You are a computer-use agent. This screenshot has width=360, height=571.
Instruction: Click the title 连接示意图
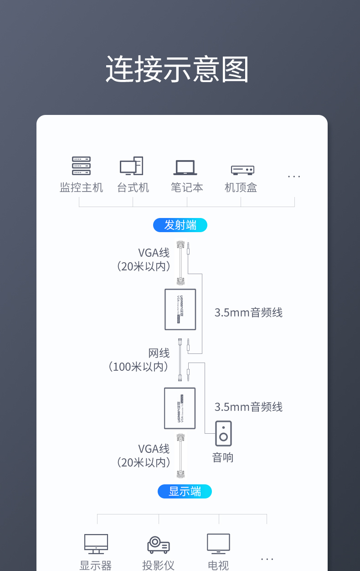coord(177,70)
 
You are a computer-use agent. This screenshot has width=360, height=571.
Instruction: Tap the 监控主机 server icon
coord(81,166)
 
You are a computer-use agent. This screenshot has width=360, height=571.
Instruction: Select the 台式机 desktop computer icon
coord(132,166)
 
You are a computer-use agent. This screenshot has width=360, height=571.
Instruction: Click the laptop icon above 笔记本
coord(185,167)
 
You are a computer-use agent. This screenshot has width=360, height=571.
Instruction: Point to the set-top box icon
coord(242,170)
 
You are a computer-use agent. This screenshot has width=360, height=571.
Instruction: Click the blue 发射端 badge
coord(180,225)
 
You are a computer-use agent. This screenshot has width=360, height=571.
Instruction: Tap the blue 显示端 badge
coord(185,491)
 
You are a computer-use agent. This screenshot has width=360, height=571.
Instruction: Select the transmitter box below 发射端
coord(180,309)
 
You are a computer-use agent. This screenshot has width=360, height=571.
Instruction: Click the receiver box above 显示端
coord(180,408)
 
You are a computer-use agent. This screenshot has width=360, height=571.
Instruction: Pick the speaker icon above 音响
coord(223,433)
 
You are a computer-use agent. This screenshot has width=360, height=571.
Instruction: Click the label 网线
coord(159,353)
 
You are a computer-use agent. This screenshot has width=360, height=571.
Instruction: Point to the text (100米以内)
coord(139,366)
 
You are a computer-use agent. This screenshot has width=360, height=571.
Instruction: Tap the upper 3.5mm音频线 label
coord(248,312)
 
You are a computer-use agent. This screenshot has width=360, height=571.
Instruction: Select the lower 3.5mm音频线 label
coord(248,407)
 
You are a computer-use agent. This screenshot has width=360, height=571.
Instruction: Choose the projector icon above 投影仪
coord(158,545)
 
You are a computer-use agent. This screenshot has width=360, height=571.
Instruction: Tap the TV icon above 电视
coord(218,544)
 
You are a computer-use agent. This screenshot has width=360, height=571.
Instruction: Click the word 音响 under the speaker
coord(223,457)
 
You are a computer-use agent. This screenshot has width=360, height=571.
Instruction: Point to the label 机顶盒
coord(241,187)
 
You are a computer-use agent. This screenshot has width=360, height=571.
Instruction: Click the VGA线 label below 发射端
coord(154,252)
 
